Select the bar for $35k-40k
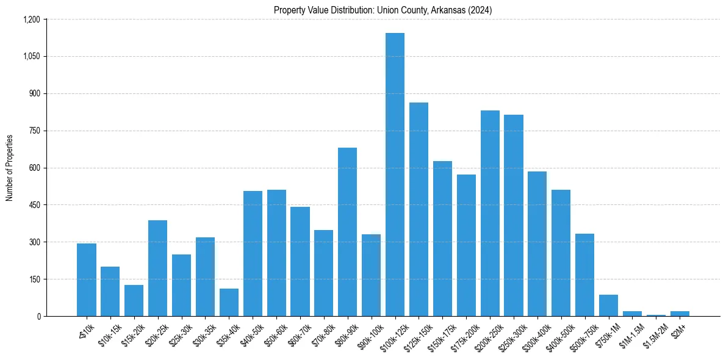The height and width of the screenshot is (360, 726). (229, 303)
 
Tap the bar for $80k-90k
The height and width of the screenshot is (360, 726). (347, 232)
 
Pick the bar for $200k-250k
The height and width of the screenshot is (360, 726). (490, 214)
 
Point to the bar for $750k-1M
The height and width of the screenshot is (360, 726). (608, 306)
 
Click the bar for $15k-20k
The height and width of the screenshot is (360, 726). (134, 301)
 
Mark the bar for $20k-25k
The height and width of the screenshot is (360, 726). (157, 268)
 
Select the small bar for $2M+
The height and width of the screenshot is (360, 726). (680, 314)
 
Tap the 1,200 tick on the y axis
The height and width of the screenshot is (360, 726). (31, 20)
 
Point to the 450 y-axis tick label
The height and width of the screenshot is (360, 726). (34, 205)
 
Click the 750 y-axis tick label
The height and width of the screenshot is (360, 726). (34, 131)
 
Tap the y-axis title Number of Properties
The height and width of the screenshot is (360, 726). (10, 168)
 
